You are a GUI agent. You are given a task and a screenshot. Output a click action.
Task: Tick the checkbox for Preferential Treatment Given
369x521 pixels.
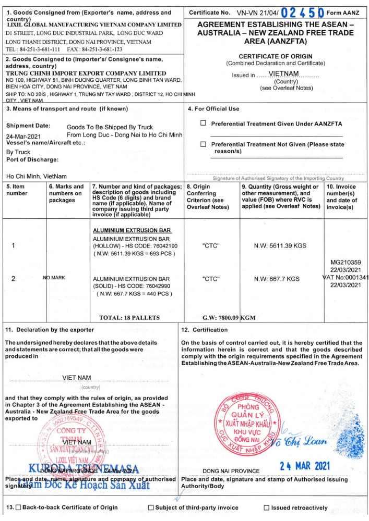(x=204, y=123)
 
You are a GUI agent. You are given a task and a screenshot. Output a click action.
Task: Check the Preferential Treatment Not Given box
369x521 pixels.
(x=204, y=144)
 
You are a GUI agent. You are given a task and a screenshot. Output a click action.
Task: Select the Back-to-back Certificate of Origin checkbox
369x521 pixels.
(x=19, y=507)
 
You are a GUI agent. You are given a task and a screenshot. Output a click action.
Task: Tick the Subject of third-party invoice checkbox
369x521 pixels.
(x=151, y=507)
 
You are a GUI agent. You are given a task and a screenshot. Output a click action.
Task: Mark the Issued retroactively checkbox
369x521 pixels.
(x=267, y=507)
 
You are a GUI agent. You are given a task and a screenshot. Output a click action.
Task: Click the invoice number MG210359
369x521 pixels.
(x=346, y=263)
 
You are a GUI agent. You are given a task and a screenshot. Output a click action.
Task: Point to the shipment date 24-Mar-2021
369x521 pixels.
(x=23, y=135)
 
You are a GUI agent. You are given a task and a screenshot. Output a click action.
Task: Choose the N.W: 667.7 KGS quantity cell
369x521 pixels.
(x=277, y=279)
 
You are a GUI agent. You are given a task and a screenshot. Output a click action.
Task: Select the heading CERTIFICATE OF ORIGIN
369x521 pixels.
(x=276, y=56)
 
